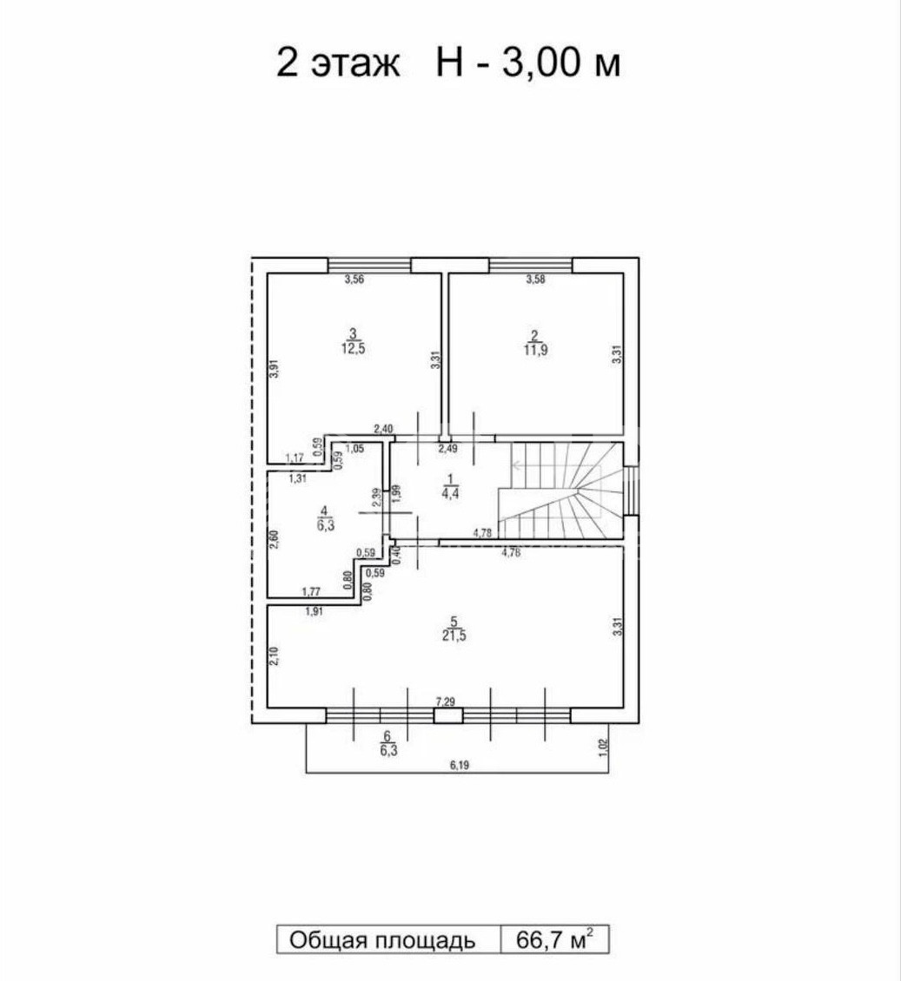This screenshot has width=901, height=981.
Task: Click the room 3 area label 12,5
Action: tap(353, 349)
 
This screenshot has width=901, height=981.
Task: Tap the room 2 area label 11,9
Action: tap(536, 351)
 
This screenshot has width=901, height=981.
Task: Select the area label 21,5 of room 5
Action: tap(454, 636)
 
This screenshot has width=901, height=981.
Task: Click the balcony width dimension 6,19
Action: tap(459, 765)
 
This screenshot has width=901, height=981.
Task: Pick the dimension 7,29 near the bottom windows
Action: tap(445, 703)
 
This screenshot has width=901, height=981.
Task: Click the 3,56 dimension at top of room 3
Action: tap(354, 280)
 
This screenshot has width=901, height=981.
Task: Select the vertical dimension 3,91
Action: tap(274, 368)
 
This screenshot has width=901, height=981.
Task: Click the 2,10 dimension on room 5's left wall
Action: tap(274, 655)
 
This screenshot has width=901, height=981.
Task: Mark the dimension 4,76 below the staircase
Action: tap(511, 552)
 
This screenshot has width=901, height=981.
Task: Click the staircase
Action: tap(561, 490)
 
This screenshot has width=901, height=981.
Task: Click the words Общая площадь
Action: tap(382, 940)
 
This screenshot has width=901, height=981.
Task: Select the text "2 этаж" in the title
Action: tap(338, 63)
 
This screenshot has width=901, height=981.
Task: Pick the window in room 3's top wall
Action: tap(369, 266)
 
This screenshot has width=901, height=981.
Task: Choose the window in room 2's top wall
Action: tap(530, 266)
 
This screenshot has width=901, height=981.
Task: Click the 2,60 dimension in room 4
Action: tap(274, 539)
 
